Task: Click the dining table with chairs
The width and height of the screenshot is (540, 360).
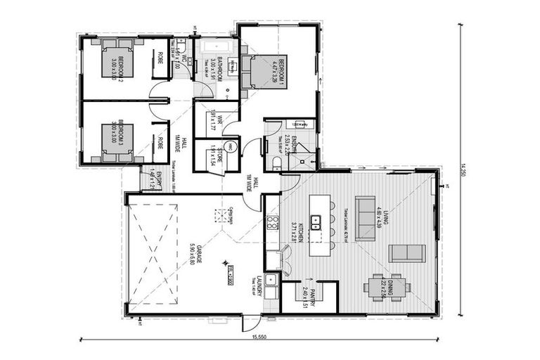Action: (387, 287)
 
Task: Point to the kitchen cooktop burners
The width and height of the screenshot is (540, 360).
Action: (271, 224)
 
